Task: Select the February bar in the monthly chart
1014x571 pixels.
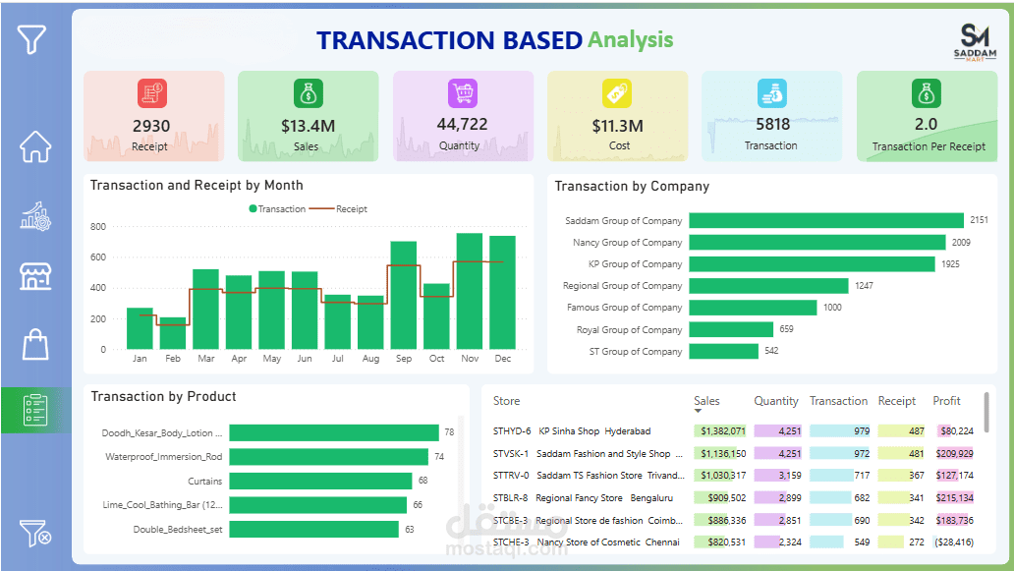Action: pos(173,333)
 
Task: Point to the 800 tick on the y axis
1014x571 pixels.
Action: pos(98,227)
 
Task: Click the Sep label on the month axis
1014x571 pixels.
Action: pos(403,359)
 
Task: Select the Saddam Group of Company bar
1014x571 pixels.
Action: pos(825,220)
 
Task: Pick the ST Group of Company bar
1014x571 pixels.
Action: pos(723,351)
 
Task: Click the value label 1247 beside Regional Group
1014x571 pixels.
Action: pos(864,286)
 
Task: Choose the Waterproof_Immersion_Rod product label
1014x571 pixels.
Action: pos(163,457)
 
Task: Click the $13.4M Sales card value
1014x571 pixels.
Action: pos(308,126)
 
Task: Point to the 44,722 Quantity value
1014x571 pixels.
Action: pos(462,125)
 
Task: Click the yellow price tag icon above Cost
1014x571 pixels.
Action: pos(616,93)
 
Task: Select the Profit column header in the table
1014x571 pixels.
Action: pos(946,401)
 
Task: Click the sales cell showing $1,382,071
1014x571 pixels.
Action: pos(720,430)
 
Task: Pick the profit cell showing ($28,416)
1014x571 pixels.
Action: pos(952,542)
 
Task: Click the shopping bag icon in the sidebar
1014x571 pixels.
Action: pos(35,344)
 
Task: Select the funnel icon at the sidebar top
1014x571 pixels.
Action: pos(32,39)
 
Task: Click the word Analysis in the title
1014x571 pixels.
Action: pos(630,40)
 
